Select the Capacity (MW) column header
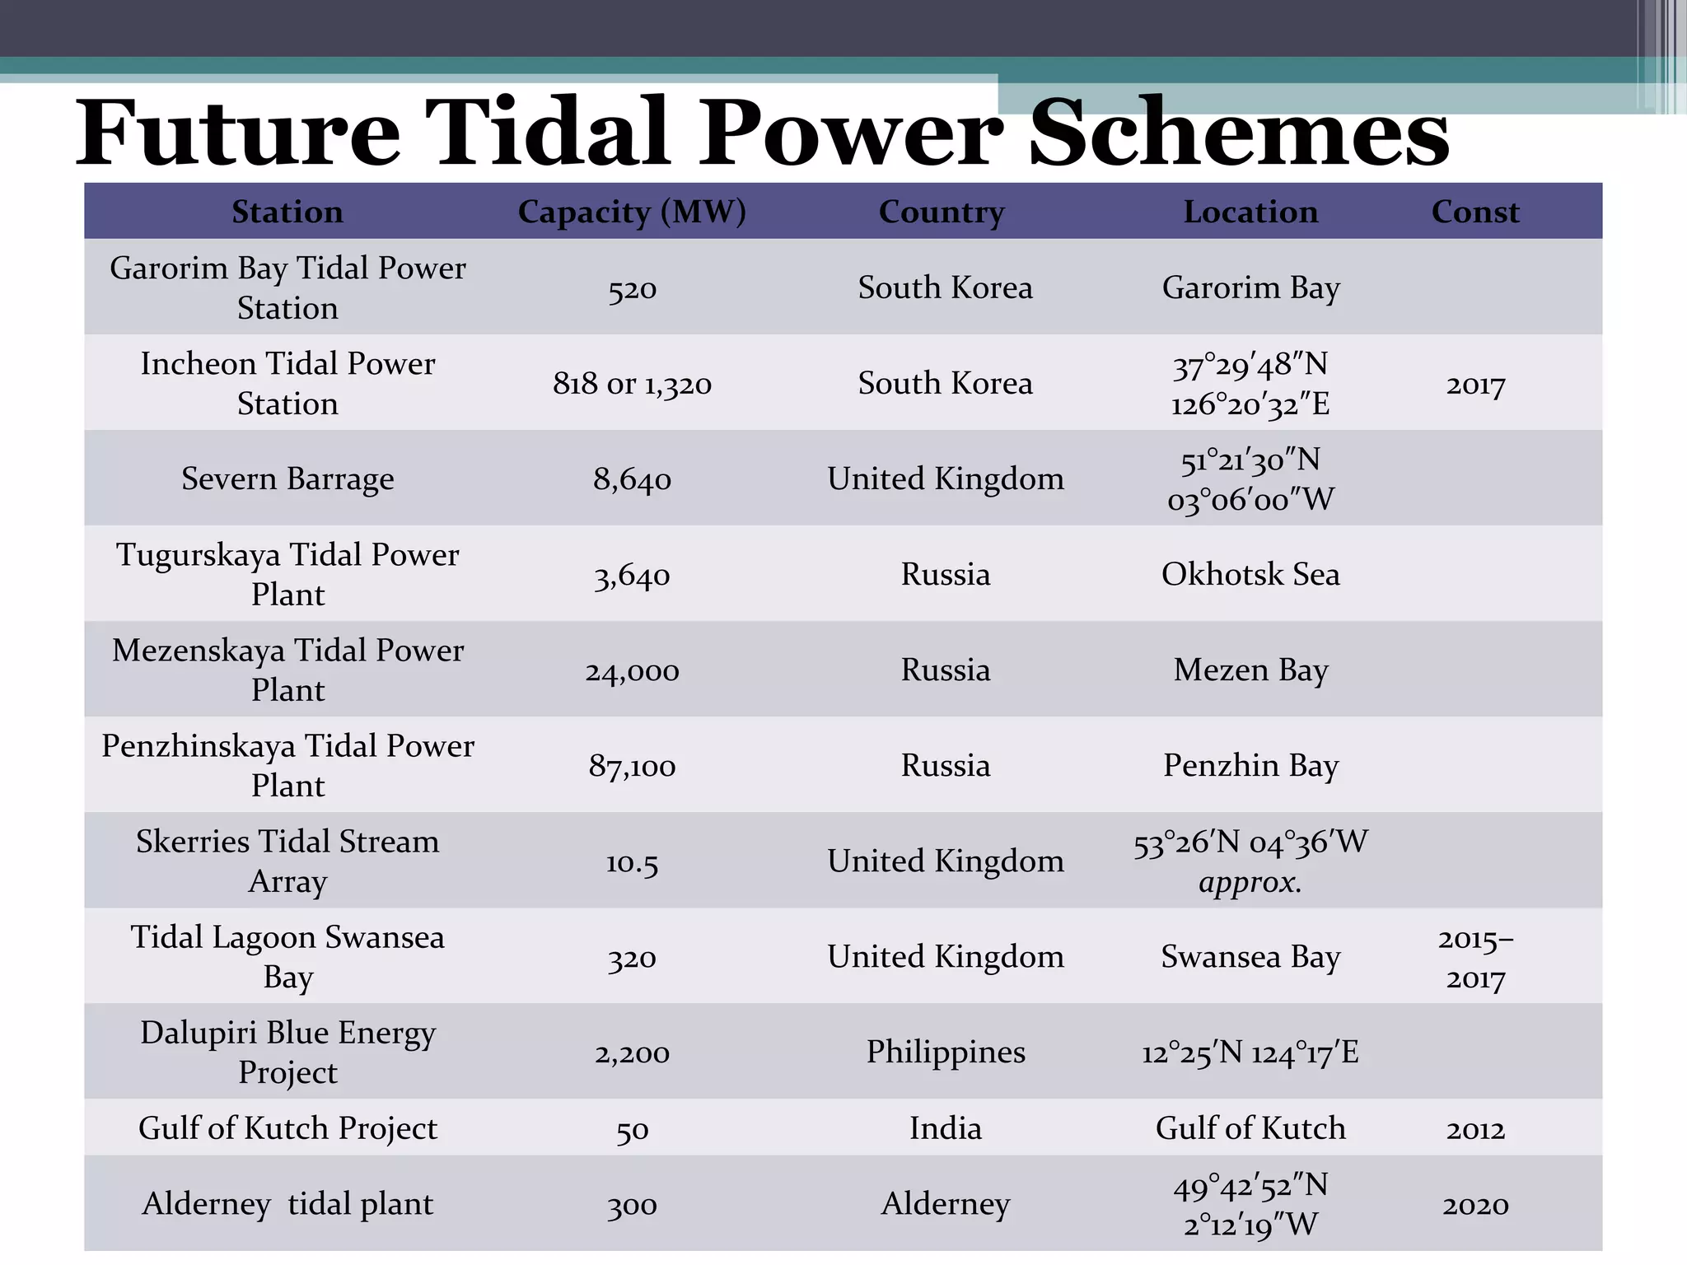coord(632,212)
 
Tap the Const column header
coord(1475,212)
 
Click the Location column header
coord(1250,212)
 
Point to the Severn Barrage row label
coord(287,478)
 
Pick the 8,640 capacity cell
coord(632,479)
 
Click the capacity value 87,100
coord(632,766)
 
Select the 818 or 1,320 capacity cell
coord(632,384)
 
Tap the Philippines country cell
coord(945,1053)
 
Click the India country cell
coord(945,1128)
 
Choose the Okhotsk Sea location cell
coord(1250,574)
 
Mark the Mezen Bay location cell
coord(1250,670)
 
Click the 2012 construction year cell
coord(1475,1129)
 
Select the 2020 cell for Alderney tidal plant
coord(1475,1205)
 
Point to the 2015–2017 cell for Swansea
coord(1475,958)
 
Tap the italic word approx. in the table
coord(1250,883)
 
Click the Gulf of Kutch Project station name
coord(287,1128)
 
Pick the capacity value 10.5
coord(632,862)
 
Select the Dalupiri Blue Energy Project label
coord(287,1053)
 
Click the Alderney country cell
coord(945,1204)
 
